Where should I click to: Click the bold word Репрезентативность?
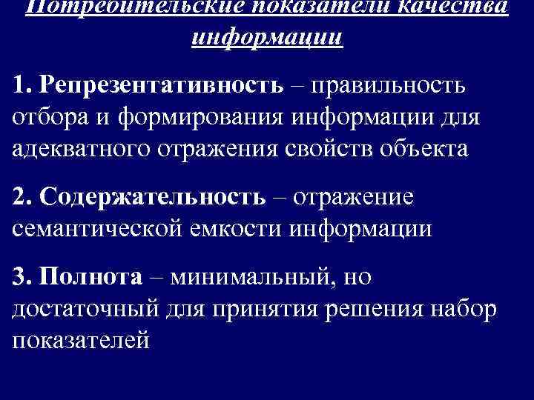coord(163,85)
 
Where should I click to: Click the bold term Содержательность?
coord(153,196)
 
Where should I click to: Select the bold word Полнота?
coord(92,276)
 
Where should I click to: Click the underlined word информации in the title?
coord(267,36)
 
